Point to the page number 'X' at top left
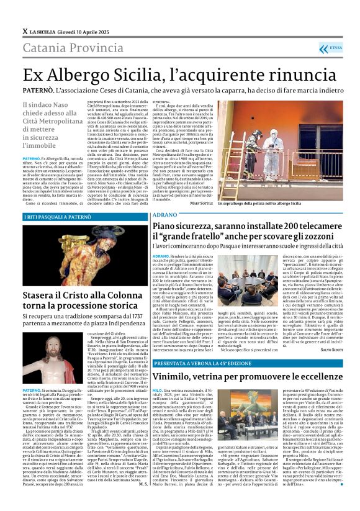pos(25,31)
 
